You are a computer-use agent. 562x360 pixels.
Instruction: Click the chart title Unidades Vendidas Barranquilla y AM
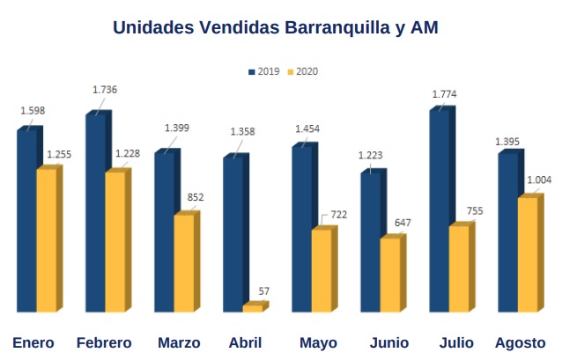[275, 27]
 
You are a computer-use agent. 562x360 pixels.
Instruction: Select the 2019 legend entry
[263, 71]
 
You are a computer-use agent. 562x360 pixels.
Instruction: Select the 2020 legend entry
[302, 71]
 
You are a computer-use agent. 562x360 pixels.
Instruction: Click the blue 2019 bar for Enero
[27, 220]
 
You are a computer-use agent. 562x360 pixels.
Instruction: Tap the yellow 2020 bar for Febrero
[115, 241]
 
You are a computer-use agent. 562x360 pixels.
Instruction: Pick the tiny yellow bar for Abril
[253, 308]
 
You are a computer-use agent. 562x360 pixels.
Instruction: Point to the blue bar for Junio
[371, 241]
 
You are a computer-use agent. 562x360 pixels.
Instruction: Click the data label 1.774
[445, 93]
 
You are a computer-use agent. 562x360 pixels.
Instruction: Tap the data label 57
[263, 290]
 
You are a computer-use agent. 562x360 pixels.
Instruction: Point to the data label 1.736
[105, 90]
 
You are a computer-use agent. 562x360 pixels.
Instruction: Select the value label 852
[196, 197]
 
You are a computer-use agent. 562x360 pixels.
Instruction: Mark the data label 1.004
[539, 180]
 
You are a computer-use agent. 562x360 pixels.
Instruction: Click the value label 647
[402, 222]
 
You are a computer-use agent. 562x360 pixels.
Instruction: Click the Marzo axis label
[179, 342]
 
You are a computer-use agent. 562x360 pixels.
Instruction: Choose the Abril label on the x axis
[244, 342]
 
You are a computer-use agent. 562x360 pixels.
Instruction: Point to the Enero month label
[33, 342]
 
